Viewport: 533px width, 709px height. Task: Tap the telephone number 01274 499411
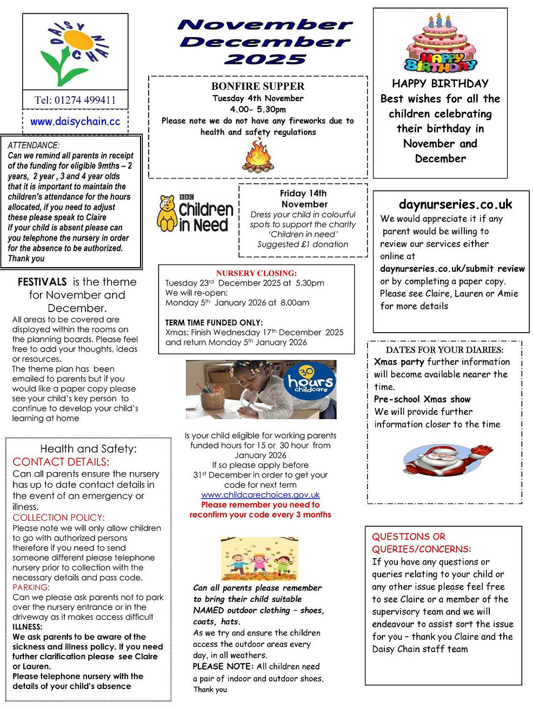pos(75,100)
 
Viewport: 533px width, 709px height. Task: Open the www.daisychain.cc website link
pos(75,122)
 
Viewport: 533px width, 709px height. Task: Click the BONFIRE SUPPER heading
pos(258,87)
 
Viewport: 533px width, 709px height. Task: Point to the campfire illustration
pos(257,155)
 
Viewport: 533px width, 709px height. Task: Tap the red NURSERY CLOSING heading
pos(256,273)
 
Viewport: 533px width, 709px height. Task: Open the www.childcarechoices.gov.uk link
pos(260,495)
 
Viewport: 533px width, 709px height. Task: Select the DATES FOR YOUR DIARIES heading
pos(444,350)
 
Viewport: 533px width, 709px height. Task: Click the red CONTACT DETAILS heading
pos(61,462)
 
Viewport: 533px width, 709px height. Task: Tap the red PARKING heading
pos(31,587)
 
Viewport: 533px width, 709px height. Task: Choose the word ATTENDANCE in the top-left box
pos(34,145)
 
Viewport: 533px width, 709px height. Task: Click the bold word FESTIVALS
pos(42,282)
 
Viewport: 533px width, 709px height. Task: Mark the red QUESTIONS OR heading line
pos(408,536)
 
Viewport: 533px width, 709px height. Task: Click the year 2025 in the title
pos(265,59)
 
